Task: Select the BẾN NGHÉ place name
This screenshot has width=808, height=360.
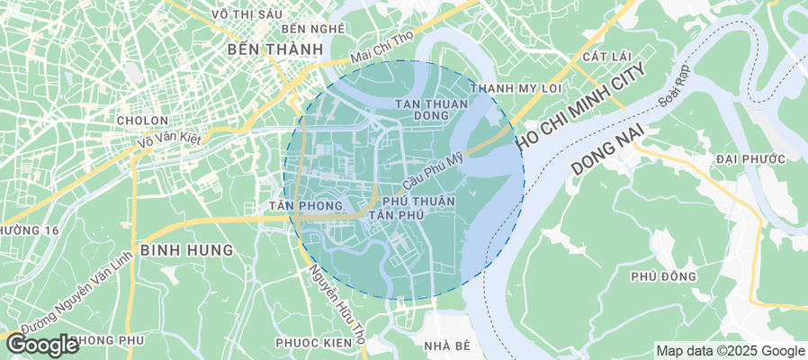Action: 313,29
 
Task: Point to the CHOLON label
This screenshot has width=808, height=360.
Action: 142,120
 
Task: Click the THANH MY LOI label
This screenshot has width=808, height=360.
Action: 516,88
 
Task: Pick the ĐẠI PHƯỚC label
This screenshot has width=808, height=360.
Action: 746,158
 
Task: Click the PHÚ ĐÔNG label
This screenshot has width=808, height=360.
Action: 663,275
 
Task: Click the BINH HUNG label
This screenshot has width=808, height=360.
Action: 186,248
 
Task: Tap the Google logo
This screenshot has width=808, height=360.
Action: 42,344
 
